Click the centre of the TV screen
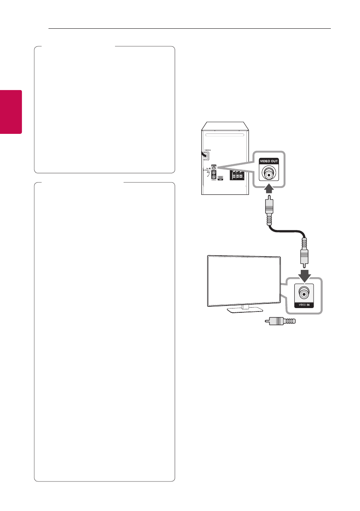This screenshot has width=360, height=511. click(x=244, y=281)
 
